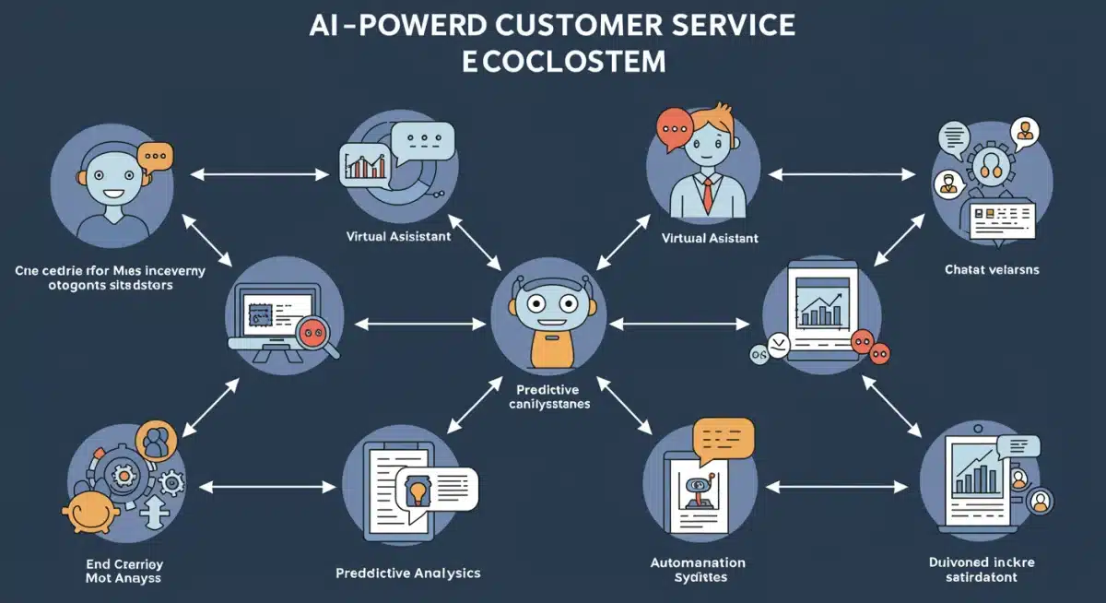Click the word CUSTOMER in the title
[565, 26]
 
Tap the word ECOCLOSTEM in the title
[552, 62]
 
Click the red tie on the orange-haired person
[707, 192]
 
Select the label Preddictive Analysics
[407, 573]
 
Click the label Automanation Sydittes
[698, 570]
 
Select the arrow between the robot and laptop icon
[420, 324]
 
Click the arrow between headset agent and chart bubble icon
[258, 172]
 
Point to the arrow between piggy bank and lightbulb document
[266, 485]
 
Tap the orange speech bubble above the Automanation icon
[724, 437]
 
